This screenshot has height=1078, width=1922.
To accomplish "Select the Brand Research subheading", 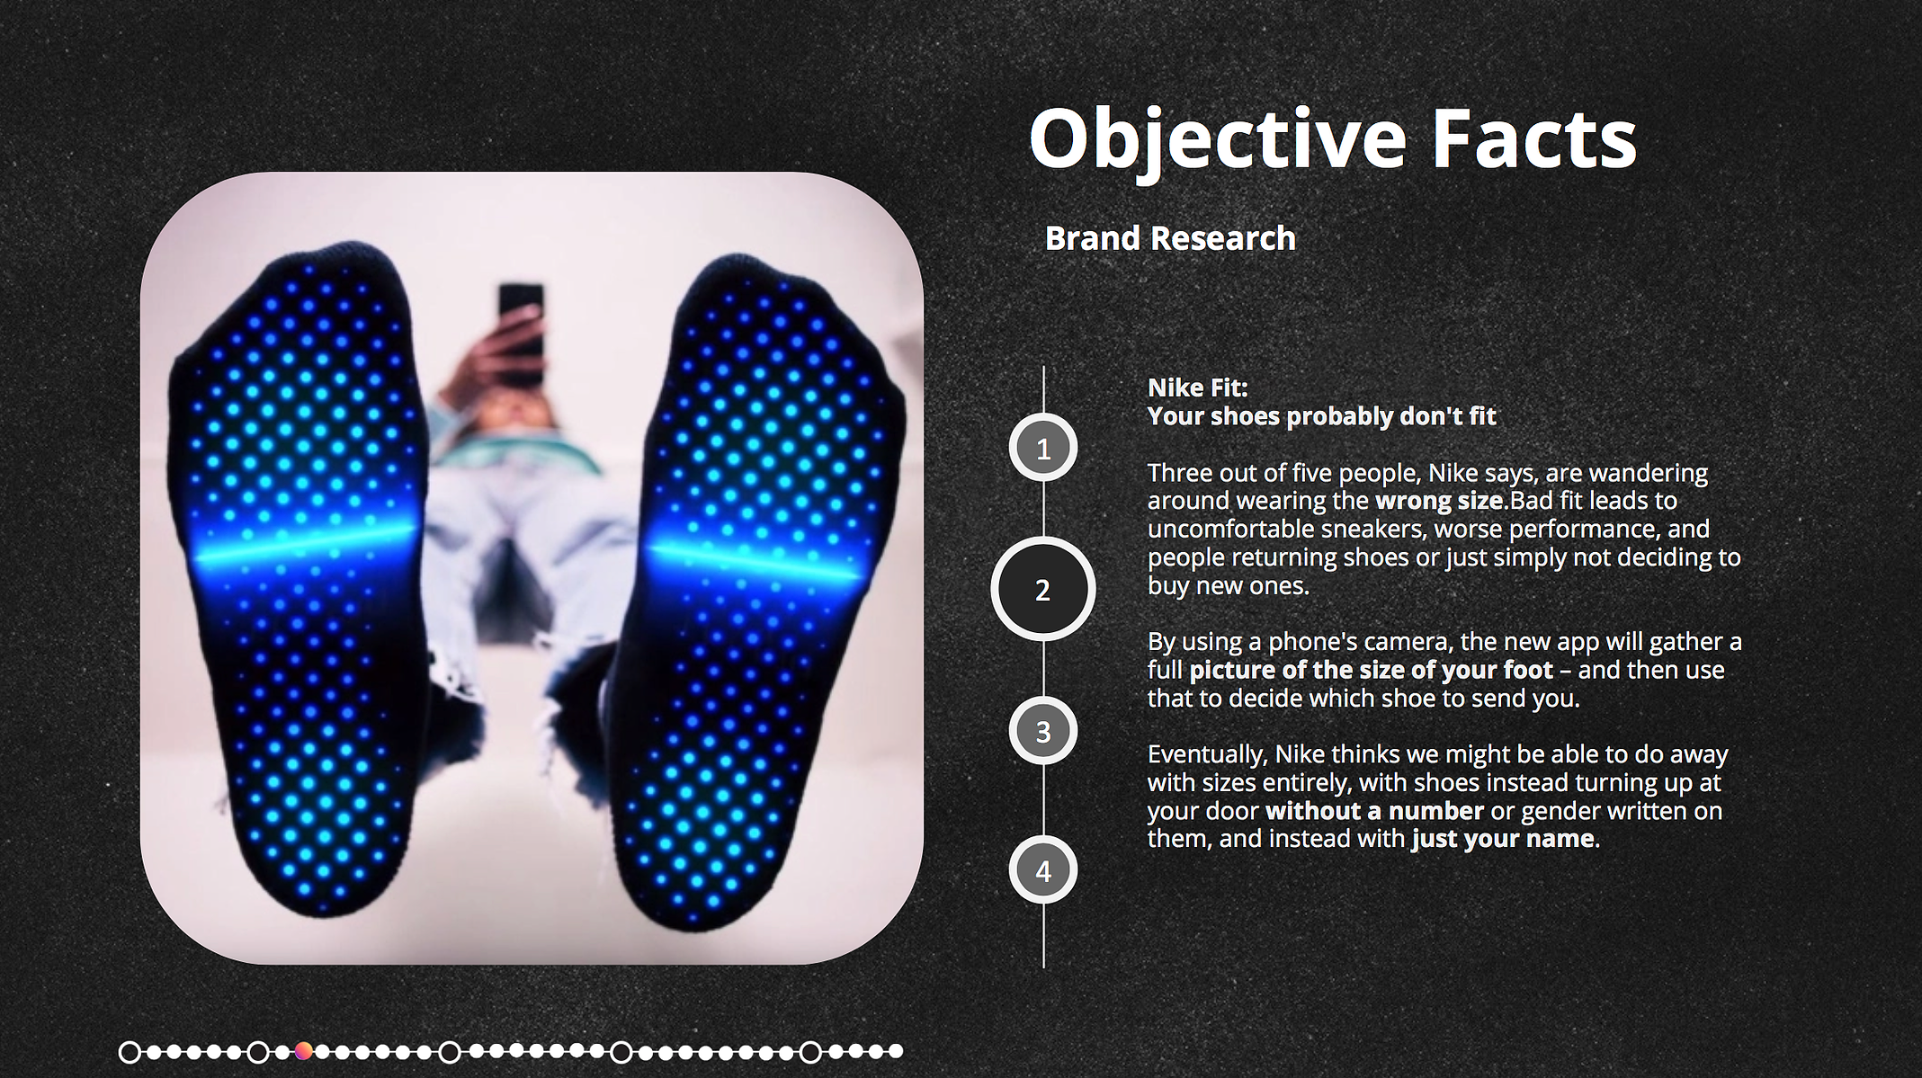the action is coord(1170,238).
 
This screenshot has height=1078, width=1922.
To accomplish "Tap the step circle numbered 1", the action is coord(1043,448).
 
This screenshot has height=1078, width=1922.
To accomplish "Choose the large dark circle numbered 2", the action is coord(1043,590).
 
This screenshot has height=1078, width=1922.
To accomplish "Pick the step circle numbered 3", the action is coord(1043,731).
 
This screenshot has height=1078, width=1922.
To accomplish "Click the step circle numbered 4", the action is coord(1043,870).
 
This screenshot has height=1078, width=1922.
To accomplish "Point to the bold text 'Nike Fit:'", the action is coord(1198,388).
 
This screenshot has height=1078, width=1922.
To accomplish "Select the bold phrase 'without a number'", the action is coord(1374,810).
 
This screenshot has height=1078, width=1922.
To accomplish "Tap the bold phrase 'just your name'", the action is coord(1503,839).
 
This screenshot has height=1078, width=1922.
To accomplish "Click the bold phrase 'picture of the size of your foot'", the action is coord(1371,670).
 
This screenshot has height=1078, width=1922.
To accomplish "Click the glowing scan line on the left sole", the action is coord(306,545).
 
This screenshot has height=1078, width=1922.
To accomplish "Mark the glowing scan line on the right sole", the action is coord(754,558).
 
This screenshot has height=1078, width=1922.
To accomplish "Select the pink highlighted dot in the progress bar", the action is coord(303,1051).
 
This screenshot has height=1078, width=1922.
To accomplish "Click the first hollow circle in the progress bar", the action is coord(130,1051).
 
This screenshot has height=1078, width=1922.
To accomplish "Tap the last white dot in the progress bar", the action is coord(895,1051).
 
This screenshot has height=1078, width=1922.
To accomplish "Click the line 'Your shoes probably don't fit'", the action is coord(1322,416).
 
